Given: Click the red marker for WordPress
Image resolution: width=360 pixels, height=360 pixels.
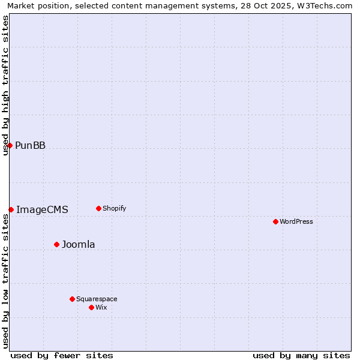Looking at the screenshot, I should click(x=275, y=221).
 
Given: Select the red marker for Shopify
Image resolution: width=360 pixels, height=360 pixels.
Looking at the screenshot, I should click(x=98, y=208).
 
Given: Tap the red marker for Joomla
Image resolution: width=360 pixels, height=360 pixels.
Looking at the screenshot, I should click(x=57, y=244).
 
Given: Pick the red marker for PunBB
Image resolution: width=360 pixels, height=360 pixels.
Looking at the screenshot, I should click(x=10, y=145).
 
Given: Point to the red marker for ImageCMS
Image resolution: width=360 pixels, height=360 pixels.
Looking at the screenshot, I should click(x=11, y=209).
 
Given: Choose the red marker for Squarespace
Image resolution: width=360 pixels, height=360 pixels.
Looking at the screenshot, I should click(x=72, y=299).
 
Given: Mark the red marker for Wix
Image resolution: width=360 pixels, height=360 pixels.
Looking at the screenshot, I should click(x=91, y=307).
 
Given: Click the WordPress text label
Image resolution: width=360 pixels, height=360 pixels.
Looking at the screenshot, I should click(x=296, y=221).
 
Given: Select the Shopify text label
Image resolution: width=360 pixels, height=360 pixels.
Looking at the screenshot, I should click(x=114, y=208).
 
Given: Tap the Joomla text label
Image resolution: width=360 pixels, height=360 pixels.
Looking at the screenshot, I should click(x=79, y=244).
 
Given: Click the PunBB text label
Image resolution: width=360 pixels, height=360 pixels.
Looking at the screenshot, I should click(x=30, y=145).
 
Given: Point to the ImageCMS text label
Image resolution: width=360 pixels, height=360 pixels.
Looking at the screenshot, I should click(x=42, y=209).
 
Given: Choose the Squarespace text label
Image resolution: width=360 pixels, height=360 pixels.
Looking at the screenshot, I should click(x=97, y=299).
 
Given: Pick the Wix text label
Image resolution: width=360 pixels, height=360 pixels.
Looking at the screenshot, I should click(x=101, y=307).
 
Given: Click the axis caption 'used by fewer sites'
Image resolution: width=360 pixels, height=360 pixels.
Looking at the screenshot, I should click(x=62, y=355).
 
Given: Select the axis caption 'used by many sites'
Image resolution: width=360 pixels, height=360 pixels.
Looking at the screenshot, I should click(x=301, y=355).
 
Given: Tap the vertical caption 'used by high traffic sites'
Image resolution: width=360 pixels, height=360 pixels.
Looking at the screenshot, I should click(x=5, y=85).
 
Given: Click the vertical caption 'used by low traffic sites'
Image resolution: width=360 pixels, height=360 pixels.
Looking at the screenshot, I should click(x=5, y=281).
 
